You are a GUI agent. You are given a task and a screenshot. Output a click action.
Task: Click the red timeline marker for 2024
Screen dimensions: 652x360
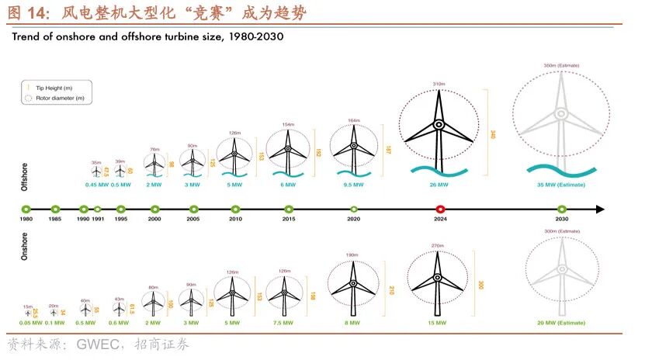click(440, 209)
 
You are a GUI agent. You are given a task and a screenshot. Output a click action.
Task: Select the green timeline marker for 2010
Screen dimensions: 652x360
click(235, 209)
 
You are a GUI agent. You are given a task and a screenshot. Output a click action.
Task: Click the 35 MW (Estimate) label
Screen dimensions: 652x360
click(560, 185)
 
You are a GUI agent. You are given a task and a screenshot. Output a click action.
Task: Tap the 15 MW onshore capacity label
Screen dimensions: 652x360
click(438, 322)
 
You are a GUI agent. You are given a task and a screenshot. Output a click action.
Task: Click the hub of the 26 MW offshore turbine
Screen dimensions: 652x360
click(439, 124)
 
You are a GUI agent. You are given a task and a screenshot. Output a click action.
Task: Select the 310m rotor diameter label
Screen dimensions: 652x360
click(439, 83)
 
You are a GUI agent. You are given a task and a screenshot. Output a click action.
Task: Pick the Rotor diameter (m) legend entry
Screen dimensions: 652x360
click(54, 99)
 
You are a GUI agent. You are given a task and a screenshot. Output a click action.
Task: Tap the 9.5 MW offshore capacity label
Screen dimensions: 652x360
click(353, 185)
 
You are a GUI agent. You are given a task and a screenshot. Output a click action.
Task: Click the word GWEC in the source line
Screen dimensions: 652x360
click(101, 344)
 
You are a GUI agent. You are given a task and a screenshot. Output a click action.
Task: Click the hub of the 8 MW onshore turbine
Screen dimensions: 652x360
click(352, 285)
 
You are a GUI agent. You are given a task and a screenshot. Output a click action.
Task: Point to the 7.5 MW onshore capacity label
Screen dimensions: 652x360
click(283, 322)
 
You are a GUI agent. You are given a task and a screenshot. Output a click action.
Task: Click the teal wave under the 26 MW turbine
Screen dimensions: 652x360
click(437, 168)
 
